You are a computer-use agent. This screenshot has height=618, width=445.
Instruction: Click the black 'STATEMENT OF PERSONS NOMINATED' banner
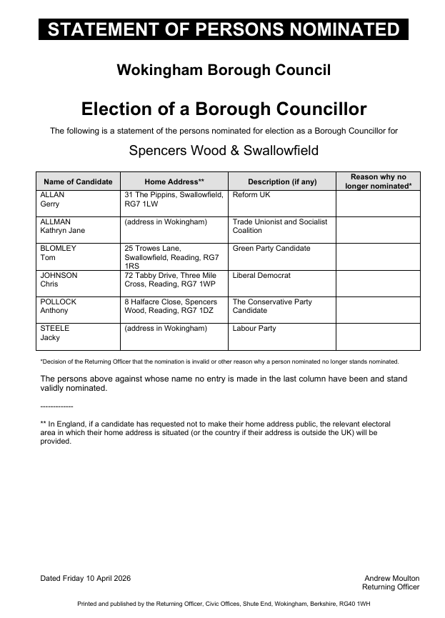223,29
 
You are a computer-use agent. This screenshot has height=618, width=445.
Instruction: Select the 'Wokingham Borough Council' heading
223,70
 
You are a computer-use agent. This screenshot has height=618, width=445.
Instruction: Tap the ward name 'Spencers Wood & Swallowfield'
223,151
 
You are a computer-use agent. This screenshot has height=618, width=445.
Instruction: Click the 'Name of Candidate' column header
78,181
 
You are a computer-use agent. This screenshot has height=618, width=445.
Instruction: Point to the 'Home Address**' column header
174,181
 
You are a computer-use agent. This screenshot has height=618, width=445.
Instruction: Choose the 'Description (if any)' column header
282,181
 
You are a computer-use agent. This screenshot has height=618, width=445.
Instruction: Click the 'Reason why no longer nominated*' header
378,181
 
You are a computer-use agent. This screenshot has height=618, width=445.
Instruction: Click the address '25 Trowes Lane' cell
174,256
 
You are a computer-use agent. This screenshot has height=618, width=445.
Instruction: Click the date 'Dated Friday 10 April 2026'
86,578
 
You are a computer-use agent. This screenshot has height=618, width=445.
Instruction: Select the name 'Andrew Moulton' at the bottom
392,578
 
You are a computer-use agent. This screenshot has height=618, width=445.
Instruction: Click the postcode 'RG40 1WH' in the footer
354,604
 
